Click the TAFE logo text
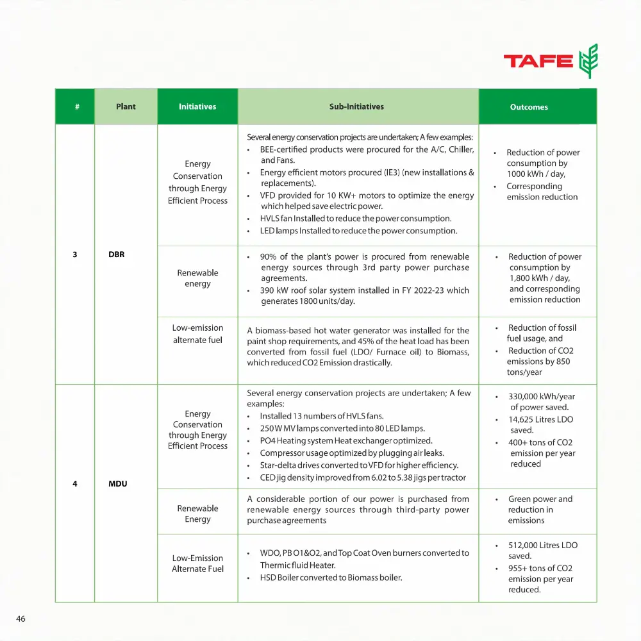click(x=538, y=62)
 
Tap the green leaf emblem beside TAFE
click(x=588, y=61)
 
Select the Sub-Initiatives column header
click(x=356, y=106)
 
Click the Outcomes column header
click(x=529, y=107)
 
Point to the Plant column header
click(x=126, y=106)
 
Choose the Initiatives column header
click(x=197, y=106)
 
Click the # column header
click(x=77, y=106)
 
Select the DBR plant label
click(x=117, y=254)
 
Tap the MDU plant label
click(x=118, y=483)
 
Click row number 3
click(x=75, y=254)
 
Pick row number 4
click(x=75, y=483)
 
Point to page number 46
click(x=21, y=619)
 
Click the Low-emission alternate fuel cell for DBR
click(x=197, y=334)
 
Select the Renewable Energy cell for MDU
click(x=197, y=513)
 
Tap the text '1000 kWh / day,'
click(x=537, y=174)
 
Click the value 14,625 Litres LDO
click(x=540, y=419)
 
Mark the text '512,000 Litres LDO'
click(x=542, y=545)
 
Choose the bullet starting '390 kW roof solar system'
click(x=364, y=296)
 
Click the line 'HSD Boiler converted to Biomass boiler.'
click(x=331, y=578)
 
